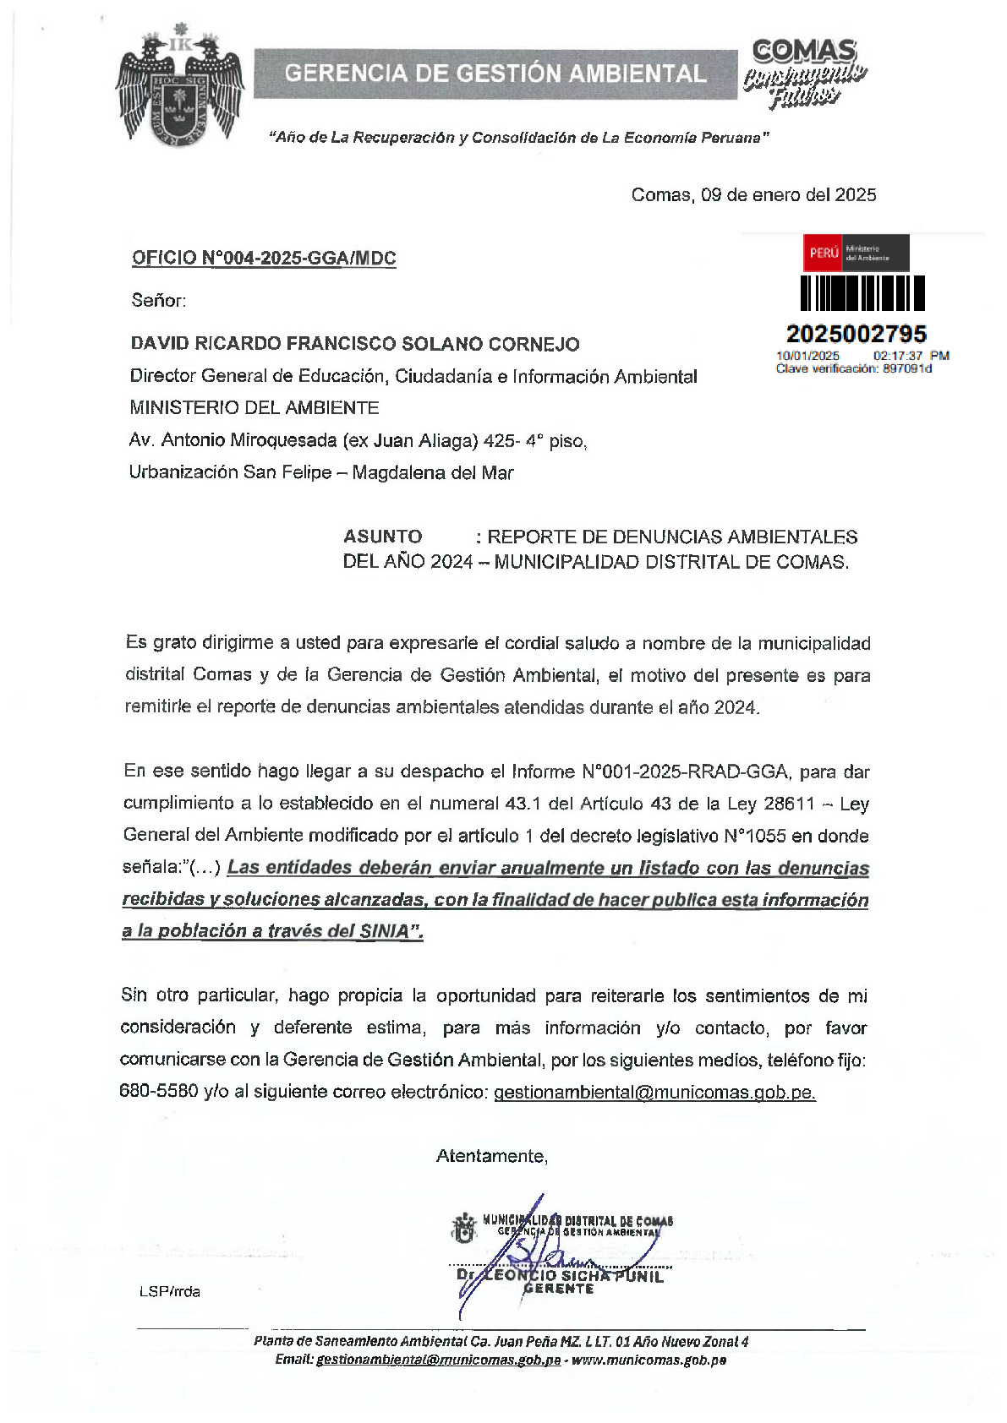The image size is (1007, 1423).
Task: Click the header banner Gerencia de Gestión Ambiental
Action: pos(495,74)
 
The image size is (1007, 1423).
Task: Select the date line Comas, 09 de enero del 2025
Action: pos(753,195)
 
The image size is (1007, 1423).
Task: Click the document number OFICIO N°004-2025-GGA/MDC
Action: pos(264,259)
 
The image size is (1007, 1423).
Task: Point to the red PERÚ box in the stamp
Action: pos(824,253)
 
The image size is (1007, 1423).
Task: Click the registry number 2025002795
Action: pos(856,334)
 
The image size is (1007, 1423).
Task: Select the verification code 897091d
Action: pos(907,368)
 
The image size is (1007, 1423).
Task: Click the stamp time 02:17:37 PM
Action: pos(911,356)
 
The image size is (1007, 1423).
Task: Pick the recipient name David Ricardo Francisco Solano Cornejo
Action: pos(355,344)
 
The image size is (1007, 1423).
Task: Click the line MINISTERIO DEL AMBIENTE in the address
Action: pos(254,408)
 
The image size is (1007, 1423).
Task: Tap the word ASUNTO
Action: pos(383,537)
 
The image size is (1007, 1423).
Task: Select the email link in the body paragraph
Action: pos(654,1092)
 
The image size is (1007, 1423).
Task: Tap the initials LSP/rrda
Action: pos(170,1291)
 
